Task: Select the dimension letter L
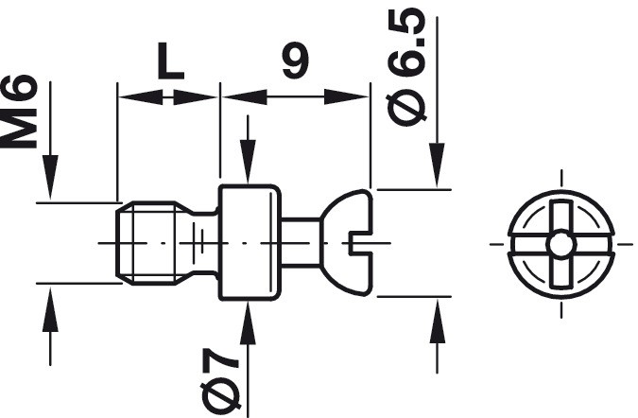click(x=171, y=61)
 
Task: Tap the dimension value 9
click(x=296, y=60)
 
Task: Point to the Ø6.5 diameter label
click(x=406, y=66)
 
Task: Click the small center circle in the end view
click(x=561, y=244)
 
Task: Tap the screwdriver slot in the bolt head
click(x=360, y=243)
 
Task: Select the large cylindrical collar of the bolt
click(x=250, y=243)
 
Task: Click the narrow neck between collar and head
click(x=302, y=243)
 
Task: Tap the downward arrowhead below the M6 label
click(x=50, y=178)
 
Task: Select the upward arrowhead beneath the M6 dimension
click(x=50, y=309)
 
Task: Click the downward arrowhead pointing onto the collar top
click(x=248, y=162)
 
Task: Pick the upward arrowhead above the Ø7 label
click(x=248, y=323)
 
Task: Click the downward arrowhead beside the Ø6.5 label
click(x=437, y=165)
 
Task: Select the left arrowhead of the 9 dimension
click(x=244, y=96)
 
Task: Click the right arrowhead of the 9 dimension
click(x=347, y=96)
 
